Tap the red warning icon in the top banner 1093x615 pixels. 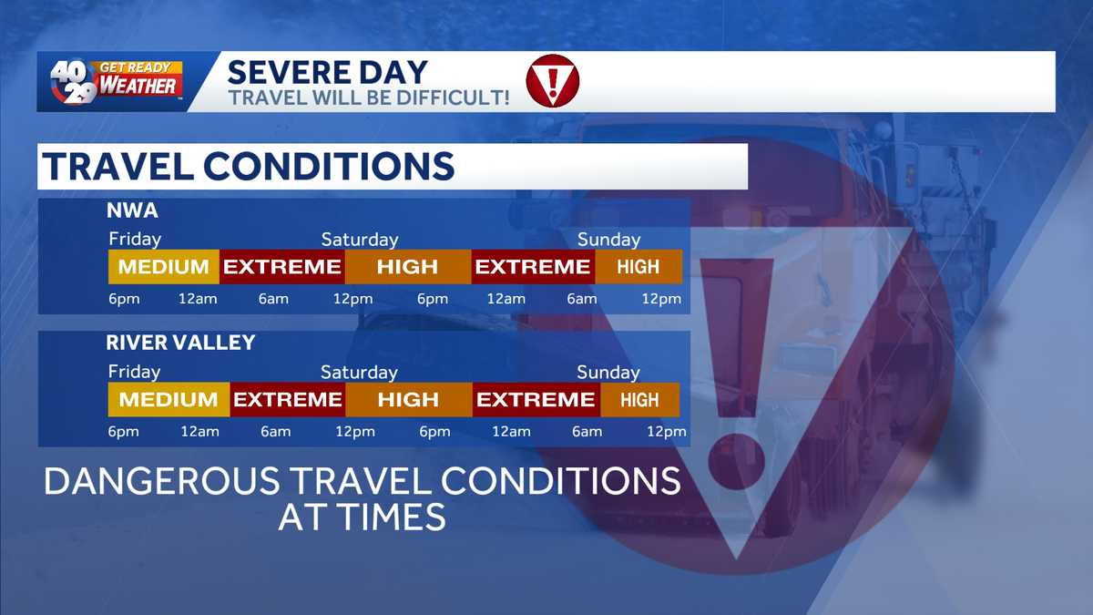pyautogui.click(x=552, y=81)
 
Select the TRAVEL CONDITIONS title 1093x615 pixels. pyautogui.click(x=248, y=166)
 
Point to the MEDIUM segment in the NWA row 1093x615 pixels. pyautogui.click(x=164, y=267)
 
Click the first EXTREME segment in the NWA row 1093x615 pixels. pyautogui.click(x=282, y=267)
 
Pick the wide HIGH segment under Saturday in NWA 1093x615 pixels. pyautogui.click(x=407, y=267)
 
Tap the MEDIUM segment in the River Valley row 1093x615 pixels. pyautogui.click(x=169, y=399)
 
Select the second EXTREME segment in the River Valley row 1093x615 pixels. pyautogui.click(x=536, y=399)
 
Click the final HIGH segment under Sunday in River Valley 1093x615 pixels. pyautogui.click(x=639, y=399)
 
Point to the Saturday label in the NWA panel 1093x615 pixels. pyautogui.click(x=360, y=240)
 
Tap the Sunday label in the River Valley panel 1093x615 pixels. pyautogui.click(x=608, y=372)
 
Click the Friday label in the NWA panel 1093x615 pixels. pyautogui.click(x=135, y=240)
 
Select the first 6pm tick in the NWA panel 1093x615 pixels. pyautogui.click(x=124, y=299)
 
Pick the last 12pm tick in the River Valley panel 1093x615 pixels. pyautogui.click(x=666, y=432)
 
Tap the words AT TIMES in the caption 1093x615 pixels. pyautogui.click(x=362, y=518)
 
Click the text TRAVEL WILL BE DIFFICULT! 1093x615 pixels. pyautogui.click(x=369, y=97)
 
